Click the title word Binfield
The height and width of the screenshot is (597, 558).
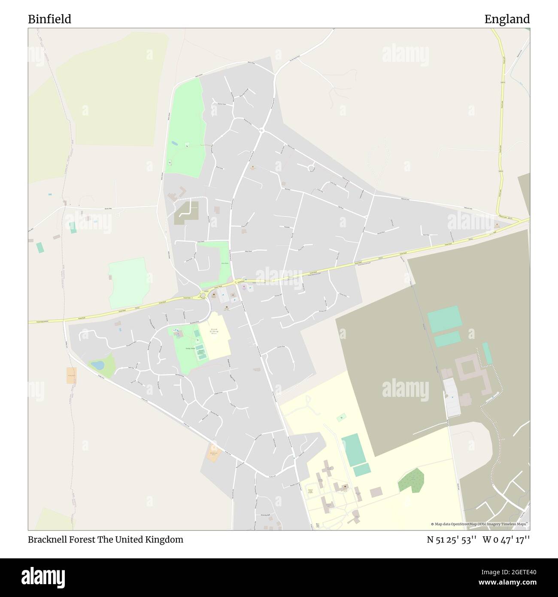point(49,19)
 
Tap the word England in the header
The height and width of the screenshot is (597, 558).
point(507,19)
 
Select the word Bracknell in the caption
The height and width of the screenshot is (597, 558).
point(46,539)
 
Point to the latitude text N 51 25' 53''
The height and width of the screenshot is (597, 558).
point(452,539)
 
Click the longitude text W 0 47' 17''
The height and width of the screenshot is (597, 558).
point(506,539)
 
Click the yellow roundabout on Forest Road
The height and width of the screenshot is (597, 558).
point(203,295)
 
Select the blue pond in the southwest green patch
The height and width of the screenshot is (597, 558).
point(97,365)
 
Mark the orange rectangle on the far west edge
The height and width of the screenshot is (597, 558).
point(71,375)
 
